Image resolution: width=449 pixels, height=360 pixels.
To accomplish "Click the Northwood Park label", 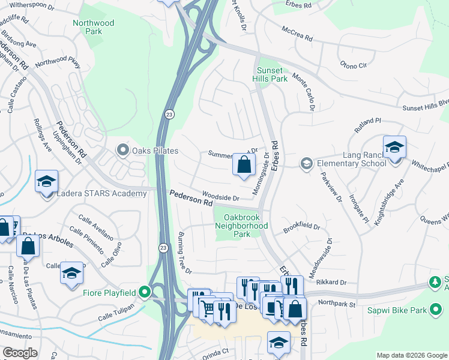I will (93, 27).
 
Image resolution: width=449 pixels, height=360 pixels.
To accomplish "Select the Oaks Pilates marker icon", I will (123, 149).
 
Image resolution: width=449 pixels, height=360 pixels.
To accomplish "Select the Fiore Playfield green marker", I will (144, 292).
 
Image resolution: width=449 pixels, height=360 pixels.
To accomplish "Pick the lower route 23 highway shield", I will (163, 247).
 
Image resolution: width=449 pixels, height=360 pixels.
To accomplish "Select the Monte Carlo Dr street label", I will (304, 92).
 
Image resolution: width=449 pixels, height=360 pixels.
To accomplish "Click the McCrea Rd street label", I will (297, 34).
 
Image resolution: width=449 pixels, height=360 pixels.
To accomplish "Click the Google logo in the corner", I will (20, 353).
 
